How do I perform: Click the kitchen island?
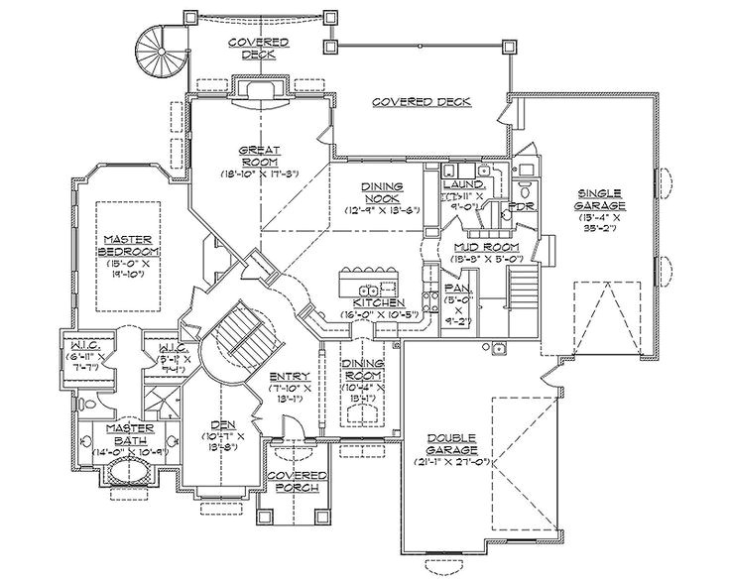tap(369, 274)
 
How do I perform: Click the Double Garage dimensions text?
tap(452, 460)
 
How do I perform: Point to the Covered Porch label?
tap(291, 482)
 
